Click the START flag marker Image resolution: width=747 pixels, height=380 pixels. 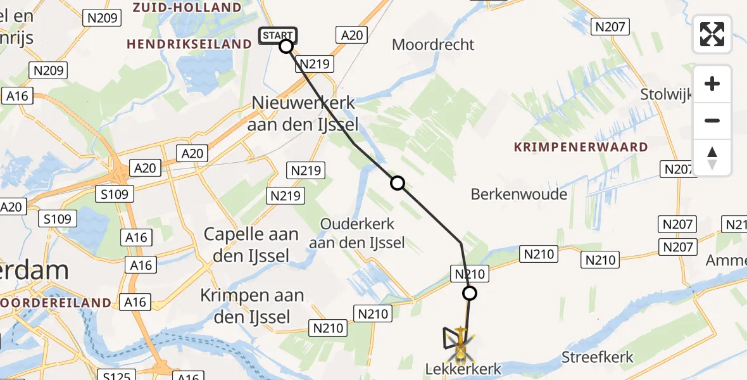click(277, 35)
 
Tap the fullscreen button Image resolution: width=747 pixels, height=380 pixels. click(712, 34)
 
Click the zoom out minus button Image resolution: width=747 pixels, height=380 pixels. click(712, 120)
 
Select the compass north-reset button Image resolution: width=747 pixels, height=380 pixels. click(712, 158)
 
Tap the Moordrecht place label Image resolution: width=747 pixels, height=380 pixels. click(433, 45)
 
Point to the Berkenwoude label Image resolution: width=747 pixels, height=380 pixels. click(519, 194)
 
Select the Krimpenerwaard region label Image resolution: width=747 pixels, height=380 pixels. click(581, 147)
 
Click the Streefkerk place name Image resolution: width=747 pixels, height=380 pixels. click(598, 357)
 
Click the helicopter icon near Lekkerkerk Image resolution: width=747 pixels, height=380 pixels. click(461, 343)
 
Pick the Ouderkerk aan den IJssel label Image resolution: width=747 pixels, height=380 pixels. click(358, 233)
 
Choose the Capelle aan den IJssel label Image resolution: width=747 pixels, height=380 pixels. click(251, 244)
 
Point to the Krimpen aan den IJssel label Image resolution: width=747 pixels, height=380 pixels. click(252, 305)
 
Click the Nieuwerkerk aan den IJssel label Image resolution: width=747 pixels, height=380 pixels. click(303, 113)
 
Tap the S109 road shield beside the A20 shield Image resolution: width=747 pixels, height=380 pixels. click(114, 194)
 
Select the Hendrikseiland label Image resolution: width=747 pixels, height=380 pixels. click(189, 44)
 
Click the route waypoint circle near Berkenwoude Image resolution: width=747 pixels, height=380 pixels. click(397, 183)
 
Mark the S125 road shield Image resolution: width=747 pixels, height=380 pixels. click(117, 376)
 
